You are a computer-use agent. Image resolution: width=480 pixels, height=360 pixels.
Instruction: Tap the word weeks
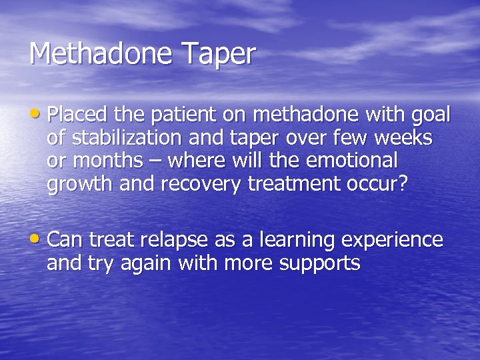pos(405,139)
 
